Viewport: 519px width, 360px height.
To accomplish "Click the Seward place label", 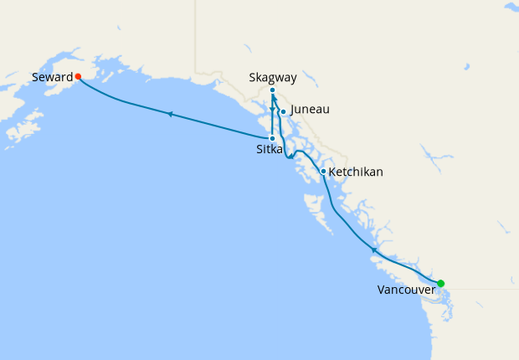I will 51,77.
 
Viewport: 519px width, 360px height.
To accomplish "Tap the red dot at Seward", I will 78,76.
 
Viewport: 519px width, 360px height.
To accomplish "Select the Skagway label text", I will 272,77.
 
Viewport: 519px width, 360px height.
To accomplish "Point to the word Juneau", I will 310,110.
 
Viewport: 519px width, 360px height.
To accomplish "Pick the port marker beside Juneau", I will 283,112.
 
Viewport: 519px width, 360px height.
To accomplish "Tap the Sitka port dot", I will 273,138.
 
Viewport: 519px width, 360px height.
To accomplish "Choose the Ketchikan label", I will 356,172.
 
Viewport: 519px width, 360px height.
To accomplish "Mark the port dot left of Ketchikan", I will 324,172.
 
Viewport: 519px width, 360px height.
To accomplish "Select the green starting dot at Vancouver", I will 440,283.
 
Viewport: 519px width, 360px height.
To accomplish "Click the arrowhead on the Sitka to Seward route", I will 170,114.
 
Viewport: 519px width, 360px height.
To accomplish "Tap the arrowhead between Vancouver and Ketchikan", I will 373,249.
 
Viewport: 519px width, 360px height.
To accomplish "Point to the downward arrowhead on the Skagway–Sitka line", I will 273,110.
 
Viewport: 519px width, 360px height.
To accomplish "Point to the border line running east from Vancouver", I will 486,290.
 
